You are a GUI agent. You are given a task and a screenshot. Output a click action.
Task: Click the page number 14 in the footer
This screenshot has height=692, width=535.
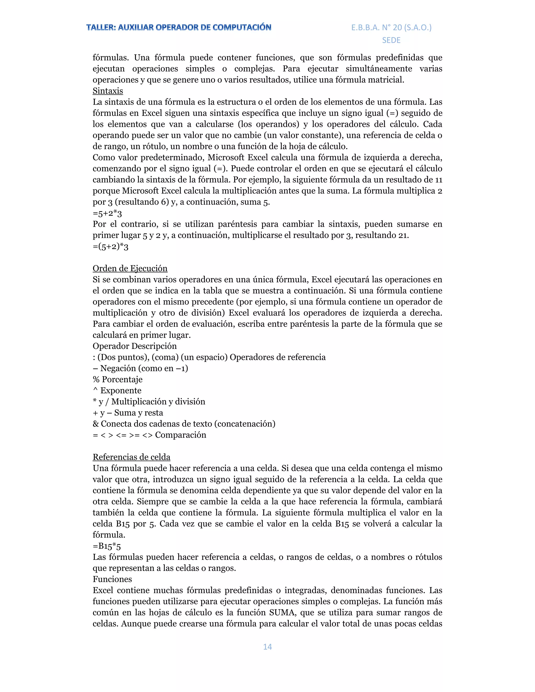tap(267, 647)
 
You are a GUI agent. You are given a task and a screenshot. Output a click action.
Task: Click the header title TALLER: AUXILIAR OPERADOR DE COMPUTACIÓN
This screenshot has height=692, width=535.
tap(179, 28)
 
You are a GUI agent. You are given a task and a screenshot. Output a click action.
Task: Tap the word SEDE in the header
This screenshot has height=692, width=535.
tap(391, 40)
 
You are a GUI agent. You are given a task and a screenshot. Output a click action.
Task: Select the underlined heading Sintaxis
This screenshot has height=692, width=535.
tap(108, 91)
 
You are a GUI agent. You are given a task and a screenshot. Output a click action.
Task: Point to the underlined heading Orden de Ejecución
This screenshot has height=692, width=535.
tap(130, 268)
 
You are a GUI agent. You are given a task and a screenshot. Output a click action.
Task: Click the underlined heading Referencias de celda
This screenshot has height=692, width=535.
tap(132, 457)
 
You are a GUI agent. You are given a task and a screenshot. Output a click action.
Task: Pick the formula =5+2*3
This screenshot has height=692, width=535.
tap(107, 213)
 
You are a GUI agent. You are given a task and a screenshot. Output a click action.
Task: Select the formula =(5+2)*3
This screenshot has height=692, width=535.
tap(110, 247)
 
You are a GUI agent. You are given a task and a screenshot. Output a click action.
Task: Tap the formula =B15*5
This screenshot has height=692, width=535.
tap(107, 546)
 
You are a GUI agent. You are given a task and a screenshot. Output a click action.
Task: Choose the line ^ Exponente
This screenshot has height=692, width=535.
tap(117, 390)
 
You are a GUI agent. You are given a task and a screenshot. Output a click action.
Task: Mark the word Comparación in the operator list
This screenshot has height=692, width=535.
tap(180, 435)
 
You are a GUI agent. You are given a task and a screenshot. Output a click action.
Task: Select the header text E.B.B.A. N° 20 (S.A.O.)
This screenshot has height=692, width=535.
tap(391, 28)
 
